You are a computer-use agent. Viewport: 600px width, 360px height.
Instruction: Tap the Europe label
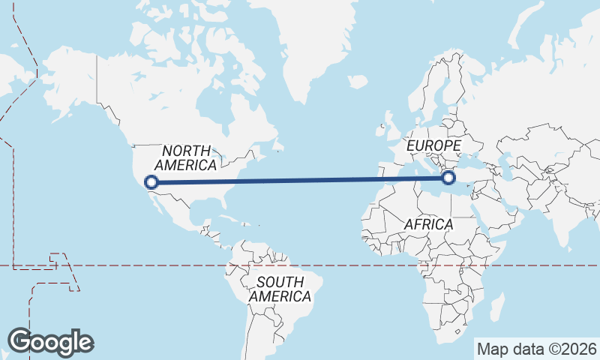point(433,145)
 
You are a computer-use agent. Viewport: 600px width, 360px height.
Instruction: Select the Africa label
point(428,224)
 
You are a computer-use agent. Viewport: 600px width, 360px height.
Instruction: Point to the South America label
point(280,289)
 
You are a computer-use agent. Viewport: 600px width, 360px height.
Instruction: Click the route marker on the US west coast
point(151,181)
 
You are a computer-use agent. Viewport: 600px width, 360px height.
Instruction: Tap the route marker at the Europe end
point(448,178)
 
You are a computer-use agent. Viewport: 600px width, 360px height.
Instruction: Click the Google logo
point(51,342)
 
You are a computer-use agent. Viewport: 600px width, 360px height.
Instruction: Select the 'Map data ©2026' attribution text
point(537,349)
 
